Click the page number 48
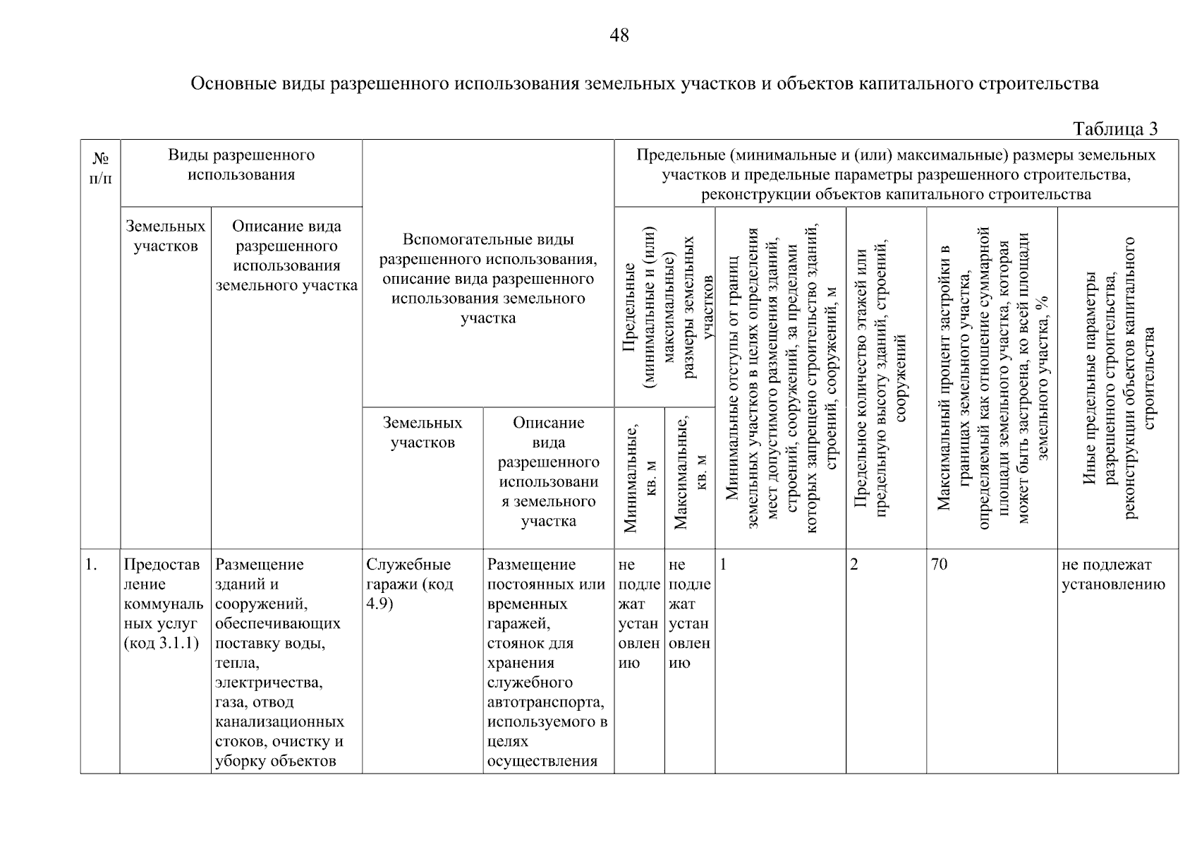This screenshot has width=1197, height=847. point(619,35)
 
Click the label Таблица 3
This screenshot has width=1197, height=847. point(1114,129)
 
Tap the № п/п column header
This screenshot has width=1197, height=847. point(100,168)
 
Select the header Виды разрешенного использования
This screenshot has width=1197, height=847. point(241,164)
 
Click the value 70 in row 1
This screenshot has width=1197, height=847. point(939,565)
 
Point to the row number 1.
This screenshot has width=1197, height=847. point(90,565)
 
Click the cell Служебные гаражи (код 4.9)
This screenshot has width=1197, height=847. point(410,584)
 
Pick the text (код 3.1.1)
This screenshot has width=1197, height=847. point(161,643)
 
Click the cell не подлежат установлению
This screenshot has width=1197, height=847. point(1112,575)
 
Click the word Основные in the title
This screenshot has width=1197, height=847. point(233,84)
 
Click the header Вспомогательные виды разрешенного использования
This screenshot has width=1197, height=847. point(488,279)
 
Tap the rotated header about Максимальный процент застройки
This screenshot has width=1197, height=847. point(992,378)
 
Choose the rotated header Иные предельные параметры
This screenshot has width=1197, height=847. point(1118,378)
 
